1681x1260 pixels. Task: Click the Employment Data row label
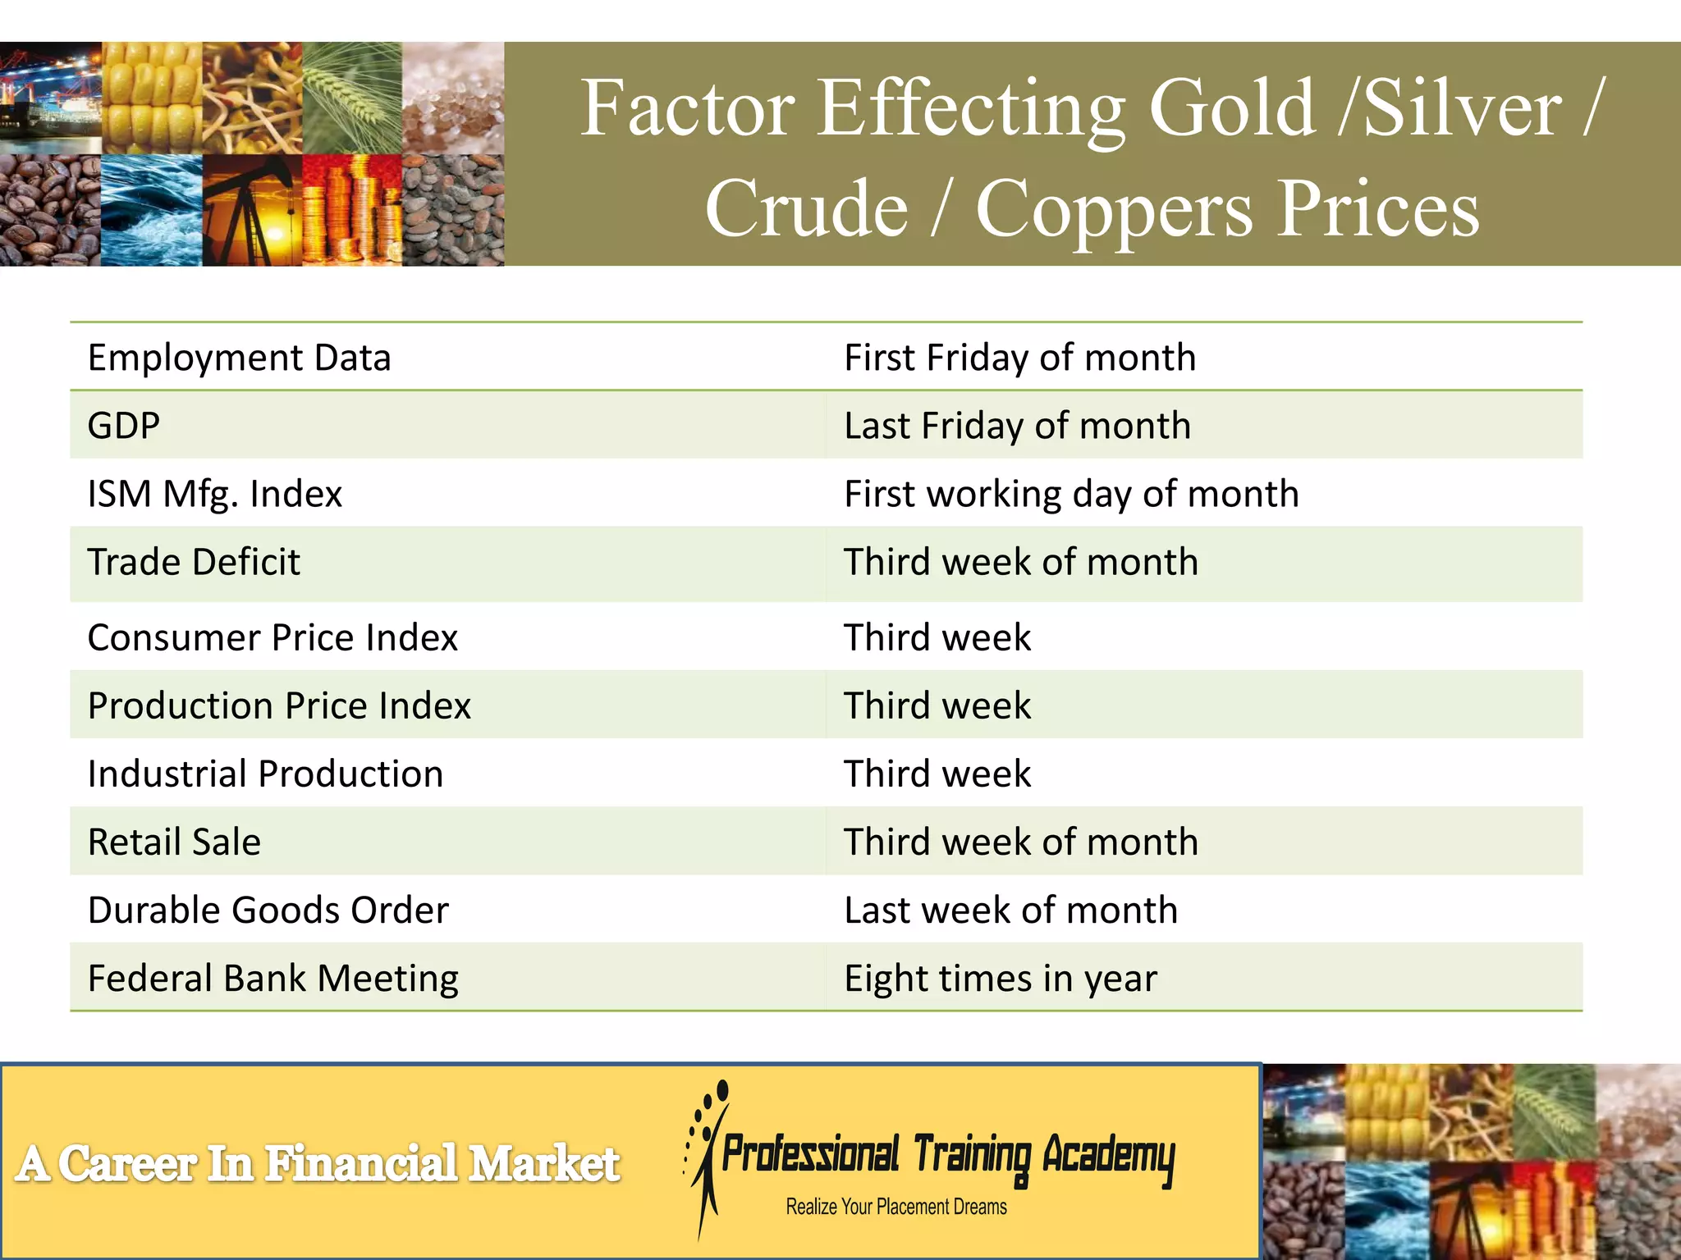[x=239, y=358]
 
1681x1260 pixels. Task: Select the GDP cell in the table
[x=124, y=426]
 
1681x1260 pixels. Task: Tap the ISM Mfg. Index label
[x=214, y=494]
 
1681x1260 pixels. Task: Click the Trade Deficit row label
[x=194, y=562]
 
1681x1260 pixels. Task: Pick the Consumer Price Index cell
[x=273, y=637]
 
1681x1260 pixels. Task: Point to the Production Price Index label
[x=279, y=705]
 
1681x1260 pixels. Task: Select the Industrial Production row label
[x=265, y=774]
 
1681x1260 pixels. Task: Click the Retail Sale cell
[x=174, y=842]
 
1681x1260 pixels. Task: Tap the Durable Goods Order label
[x=268, y=910]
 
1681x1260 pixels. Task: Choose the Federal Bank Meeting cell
[x=273, y=978]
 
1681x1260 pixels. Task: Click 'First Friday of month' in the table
[x=1019, y=358]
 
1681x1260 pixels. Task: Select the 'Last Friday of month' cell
[x=1017, y=426]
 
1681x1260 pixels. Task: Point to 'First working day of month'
[x=1071, y=494]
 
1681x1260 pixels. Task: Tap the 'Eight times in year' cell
[x=1001, y=978]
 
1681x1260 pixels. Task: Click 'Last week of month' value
[x=1011, y=910]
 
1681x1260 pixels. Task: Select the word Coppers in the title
[x=1114, y=208]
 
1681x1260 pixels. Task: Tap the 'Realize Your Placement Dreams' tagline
[x=896, y=1207]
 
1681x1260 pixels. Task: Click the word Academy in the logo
[x=1108, y=1156]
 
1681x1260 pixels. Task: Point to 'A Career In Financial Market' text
[x=318, y=1163]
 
